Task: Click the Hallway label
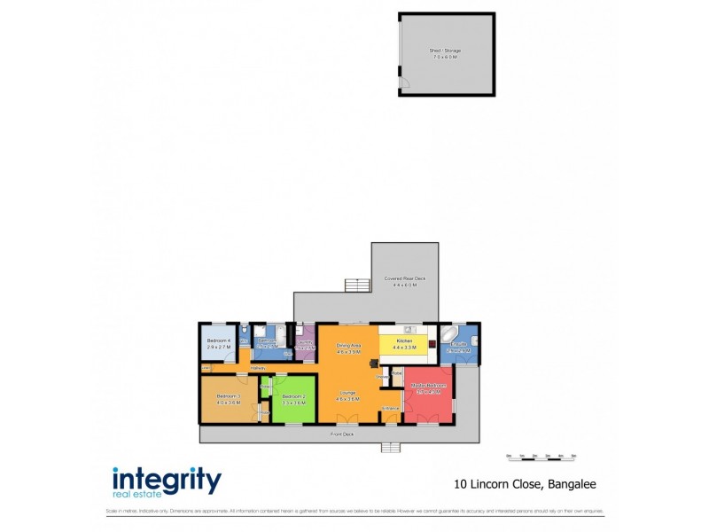[258, 368]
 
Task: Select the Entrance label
[390, 408]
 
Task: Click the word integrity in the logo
[167, 480]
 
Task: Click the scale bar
[541, 457]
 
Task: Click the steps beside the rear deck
[356, 285]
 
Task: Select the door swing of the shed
[405, 84]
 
